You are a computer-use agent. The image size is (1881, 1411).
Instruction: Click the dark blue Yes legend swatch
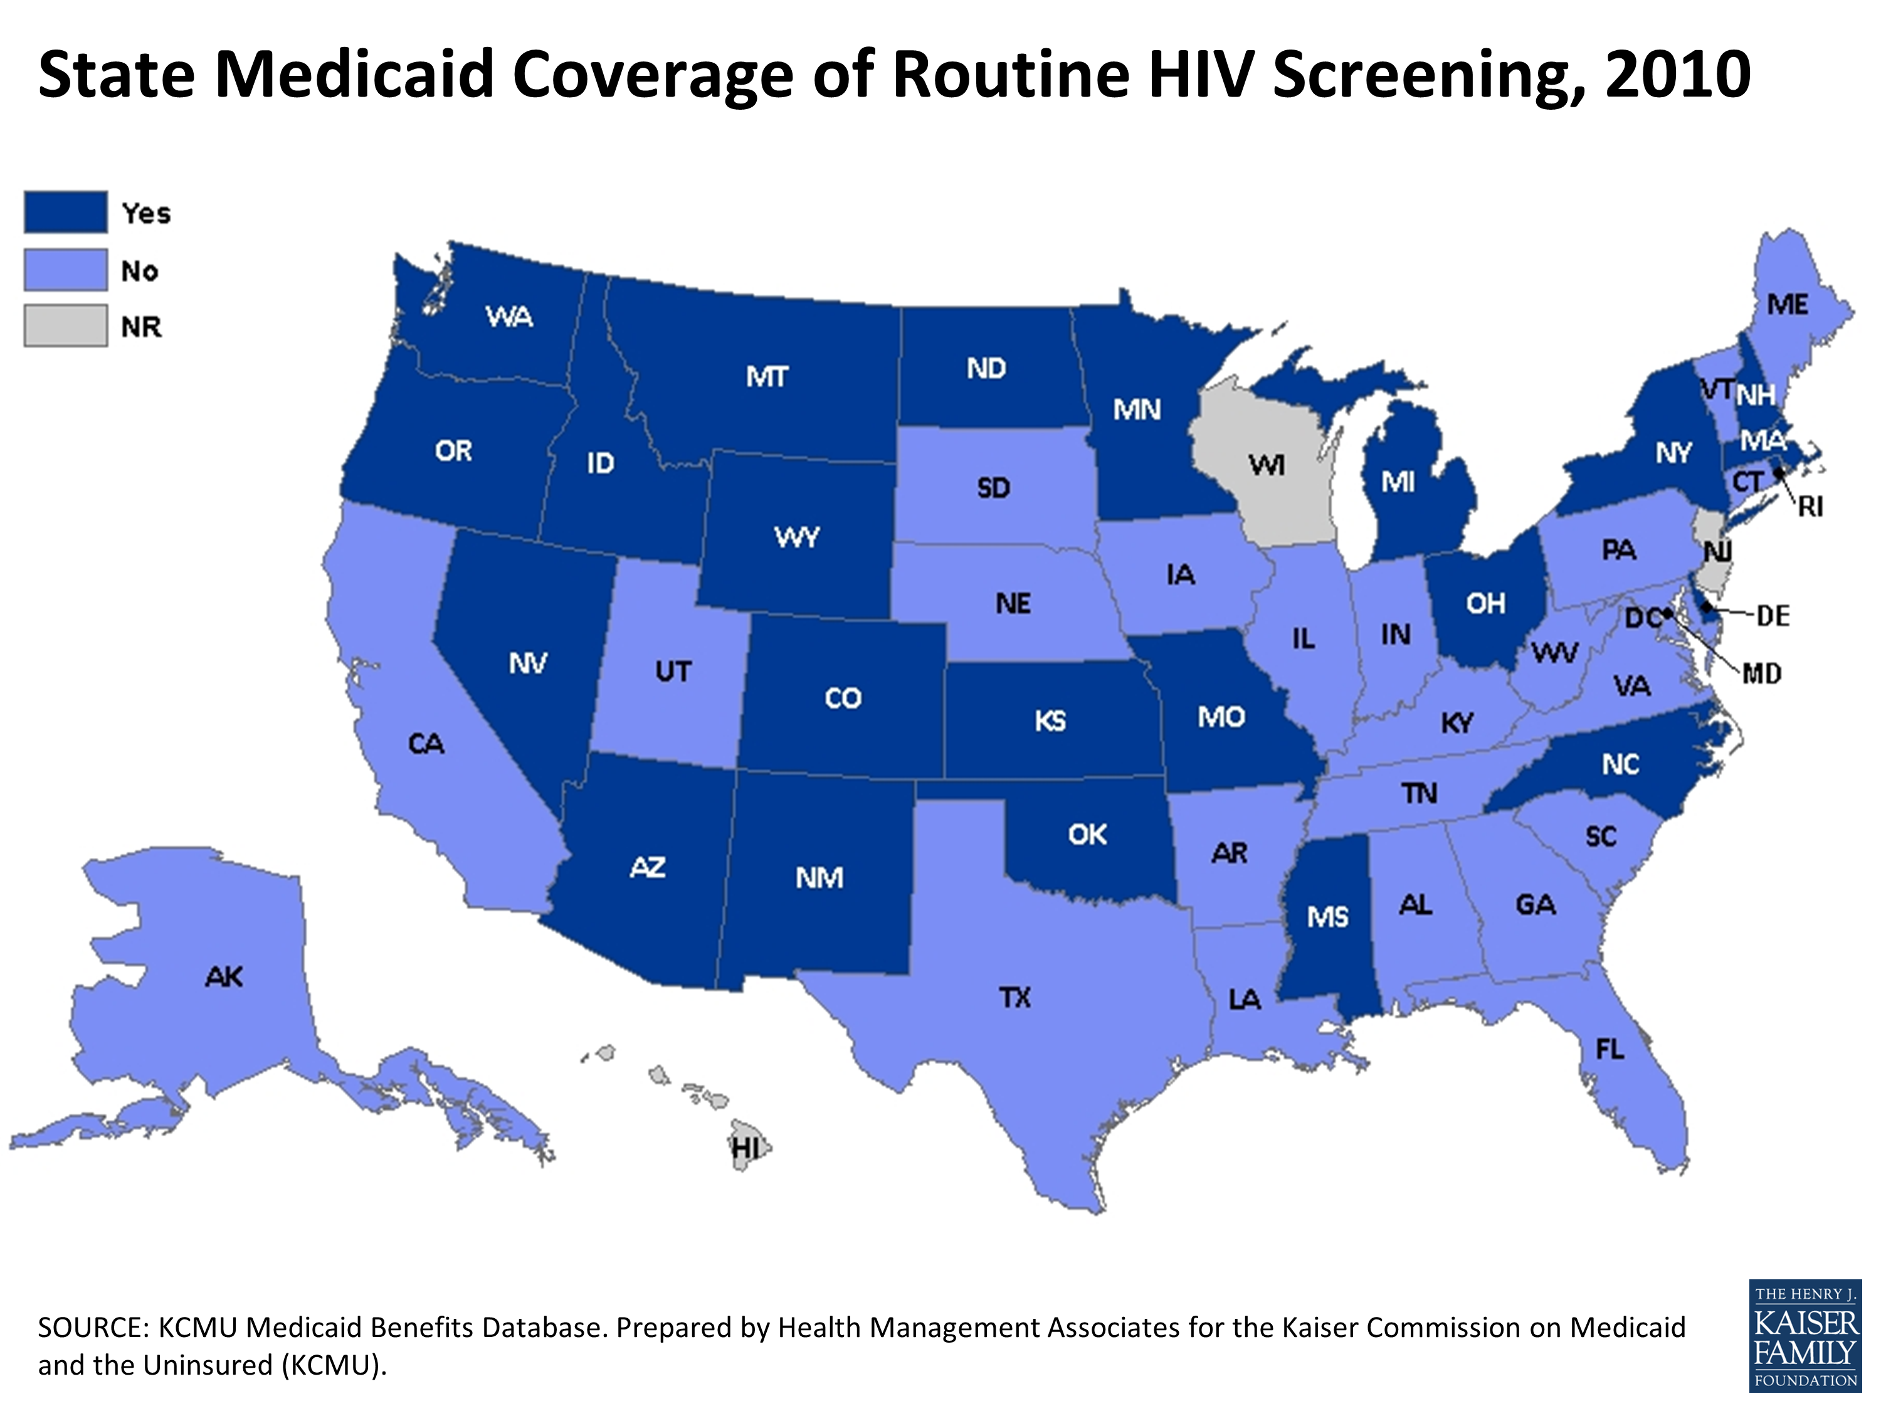coord(65,212)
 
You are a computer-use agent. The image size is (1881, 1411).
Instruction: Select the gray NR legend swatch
coord(65,325)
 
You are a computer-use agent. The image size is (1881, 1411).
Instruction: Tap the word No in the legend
coord(139,272)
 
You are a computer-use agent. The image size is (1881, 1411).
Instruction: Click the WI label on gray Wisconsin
coord(1266,465)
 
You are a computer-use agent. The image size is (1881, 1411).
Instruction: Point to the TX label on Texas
coord(1014,997)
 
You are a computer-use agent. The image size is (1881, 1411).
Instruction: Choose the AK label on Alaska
coord(224,976)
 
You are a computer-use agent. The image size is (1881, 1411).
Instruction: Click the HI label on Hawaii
coord(745,1149)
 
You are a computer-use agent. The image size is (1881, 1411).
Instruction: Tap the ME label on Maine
coord(1788,305)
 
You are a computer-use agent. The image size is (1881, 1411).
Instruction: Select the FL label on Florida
coord(1610,1050)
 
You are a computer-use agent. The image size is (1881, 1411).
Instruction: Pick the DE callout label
coord(1773,616)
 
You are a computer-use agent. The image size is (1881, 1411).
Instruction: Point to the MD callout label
coord(1761,674)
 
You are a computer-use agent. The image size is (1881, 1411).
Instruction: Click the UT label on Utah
coord(673,672)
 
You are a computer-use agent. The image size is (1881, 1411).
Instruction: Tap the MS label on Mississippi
coord(1327,917)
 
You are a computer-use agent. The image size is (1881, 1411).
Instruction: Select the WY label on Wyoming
coord(797,537)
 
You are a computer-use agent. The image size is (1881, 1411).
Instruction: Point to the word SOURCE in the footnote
coord(93,1328)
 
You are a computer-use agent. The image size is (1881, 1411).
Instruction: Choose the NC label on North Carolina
coord(1620,764)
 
